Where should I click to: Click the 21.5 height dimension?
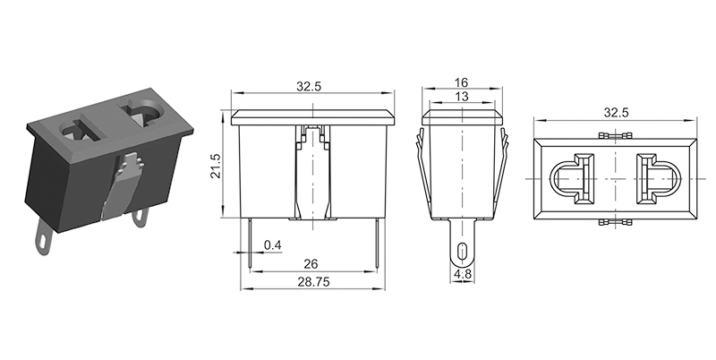coord(216,166)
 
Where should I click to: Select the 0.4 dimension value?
coord(273,245)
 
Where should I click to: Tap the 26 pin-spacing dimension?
coord(311,264)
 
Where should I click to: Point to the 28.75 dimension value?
coord(314,282)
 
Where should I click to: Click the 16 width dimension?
coord(462,82)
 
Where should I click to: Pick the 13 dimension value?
coord(462,97)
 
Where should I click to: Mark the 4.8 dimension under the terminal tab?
coord(463,274)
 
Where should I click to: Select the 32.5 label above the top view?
coord(616,112)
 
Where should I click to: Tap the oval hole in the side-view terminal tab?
coord(463,251)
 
